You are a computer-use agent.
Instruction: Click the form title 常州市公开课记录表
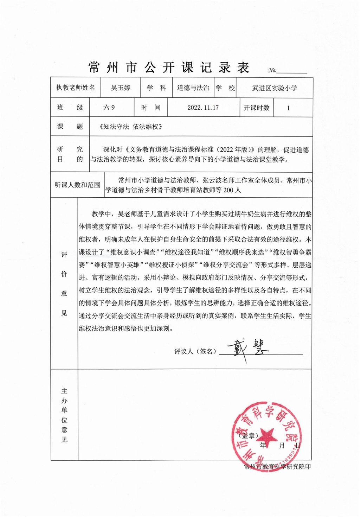169,68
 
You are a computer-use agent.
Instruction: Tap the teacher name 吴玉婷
121,88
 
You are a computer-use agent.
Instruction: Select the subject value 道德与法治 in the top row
193,88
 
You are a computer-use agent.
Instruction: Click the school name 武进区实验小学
275,88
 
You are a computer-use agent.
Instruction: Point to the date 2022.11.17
203,108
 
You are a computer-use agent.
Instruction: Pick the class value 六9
109,108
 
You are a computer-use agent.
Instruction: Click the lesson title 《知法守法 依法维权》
131,127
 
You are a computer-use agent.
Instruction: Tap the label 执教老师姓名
76,88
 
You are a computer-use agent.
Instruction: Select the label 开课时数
257,108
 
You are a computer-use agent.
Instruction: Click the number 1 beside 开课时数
288,108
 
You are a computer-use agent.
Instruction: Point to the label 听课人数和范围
77,185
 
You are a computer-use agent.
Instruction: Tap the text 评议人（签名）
195,351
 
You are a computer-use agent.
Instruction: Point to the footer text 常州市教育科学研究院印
277,467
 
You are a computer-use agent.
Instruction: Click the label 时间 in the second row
151,108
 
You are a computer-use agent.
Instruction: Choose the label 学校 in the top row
225,88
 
